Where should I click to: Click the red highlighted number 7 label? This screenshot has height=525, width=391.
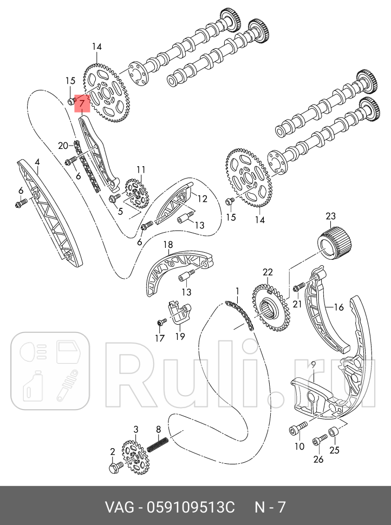[82, 102]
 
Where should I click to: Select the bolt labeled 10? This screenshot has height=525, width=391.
[295, 430]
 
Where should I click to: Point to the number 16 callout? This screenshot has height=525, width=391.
[338, 307]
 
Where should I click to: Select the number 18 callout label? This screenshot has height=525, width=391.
[168, 245]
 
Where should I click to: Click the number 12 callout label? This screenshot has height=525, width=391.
[202, 199]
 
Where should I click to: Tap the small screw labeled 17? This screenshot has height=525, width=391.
[160, 323]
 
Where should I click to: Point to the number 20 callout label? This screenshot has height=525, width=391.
[63, 145]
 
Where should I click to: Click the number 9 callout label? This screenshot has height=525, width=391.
[313, 363]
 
